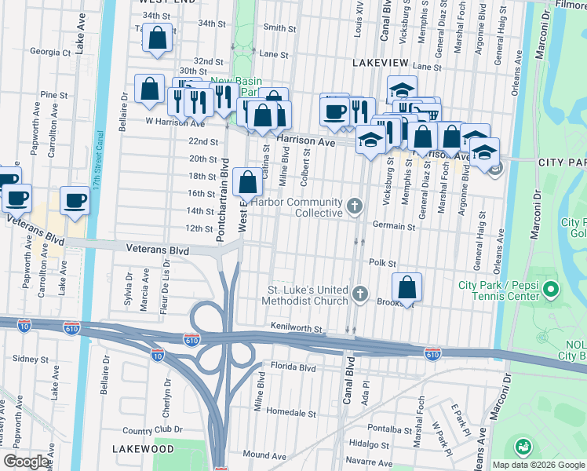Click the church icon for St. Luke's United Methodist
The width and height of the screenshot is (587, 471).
tap(360, 294)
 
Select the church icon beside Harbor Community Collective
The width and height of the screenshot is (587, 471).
tap(355, 207)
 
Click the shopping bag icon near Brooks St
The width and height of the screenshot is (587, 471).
tap(407, 287)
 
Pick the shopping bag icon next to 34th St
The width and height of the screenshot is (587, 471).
tap(158, 38)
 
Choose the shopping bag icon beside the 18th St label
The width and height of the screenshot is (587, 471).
tap(247, 182)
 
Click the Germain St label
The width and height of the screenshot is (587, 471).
tap(393, 227)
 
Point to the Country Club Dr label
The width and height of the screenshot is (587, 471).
tap(152, 430)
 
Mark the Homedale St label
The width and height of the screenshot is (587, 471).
tap(290, 411)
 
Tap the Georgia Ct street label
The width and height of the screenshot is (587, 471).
tap(50, 53)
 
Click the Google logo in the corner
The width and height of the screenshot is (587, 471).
tap(27, 462)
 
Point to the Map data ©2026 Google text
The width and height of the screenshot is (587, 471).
tap(538, 465)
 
